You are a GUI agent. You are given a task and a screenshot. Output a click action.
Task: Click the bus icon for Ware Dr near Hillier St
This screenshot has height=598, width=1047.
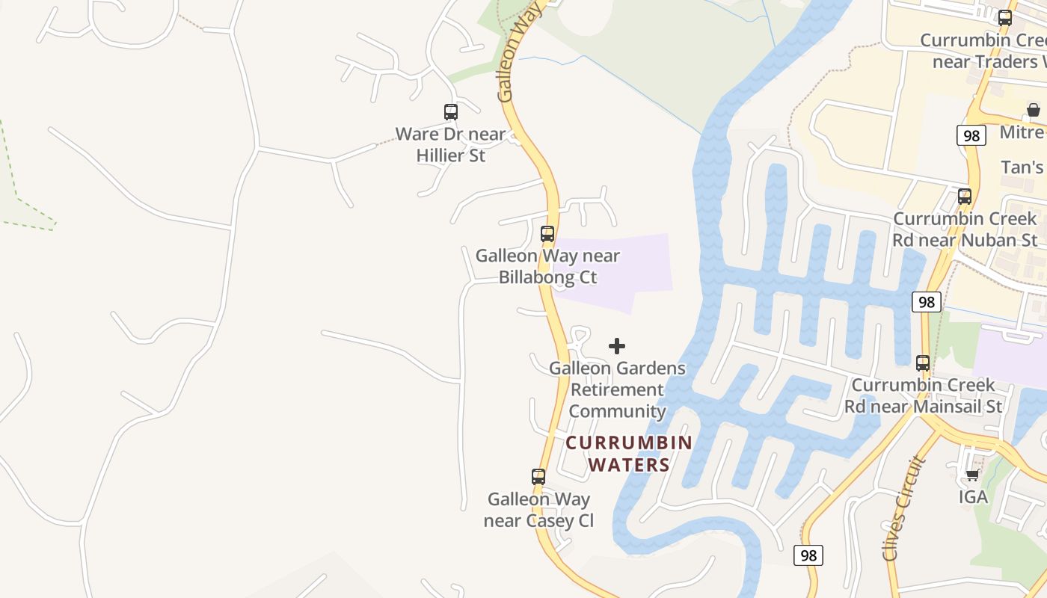(450, 112)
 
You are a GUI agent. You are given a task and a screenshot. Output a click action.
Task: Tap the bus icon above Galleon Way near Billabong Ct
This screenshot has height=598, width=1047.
(547, 234)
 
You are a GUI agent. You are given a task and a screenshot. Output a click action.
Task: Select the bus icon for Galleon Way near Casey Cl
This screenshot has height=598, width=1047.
(538, 477)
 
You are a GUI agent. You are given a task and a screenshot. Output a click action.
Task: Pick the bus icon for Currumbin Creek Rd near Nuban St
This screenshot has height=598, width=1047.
(965, 197)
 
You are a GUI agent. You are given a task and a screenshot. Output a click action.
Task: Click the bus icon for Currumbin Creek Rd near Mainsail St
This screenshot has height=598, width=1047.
(923, 363)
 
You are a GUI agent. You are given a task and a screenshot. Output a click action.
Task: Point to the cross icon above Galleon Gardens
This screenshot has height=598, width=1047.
(617, 346)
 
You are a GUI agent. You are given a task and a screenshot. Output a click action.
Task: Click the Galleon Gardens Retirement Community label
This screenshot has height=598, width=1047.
(617, 389)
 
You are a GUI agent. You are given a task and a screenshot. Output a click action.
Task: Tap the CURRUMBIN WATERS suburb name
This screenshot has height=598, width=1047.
(629, 454)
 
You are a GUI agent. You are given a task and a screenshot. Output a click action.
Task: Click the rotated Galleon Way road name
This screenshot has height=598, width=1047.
(518, 52)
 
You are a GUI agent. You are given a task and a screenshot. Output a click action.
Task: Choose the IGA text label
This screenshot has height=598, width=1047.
(973, 497)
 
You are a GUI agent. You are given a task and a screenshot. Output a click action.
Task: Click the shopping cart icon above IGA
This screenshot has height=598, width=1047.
(972, 475)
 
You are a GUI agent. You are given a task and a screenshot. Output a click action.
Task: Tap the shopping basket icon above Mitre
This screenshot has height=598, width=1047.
(1034, 111)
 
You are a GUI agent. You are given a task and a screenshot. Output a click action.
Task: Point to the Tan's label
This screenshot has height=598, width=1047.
(1022, 167)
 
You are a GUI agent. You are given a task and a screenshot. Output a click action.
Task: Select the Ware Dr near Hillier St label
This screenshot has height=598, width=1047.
(450, 145)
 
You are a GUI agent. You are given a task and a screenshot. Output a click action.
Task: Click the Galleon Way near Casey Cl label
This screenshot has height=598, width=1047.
(538, 510)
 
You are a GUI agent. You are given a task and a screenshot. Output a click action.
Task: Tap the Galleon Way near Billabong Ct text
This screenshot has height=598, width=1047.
(547, 266)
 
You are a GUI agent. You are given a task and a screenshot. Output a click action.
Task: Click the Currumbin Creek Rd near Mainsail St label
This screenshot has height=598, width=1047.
(924, 395)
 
